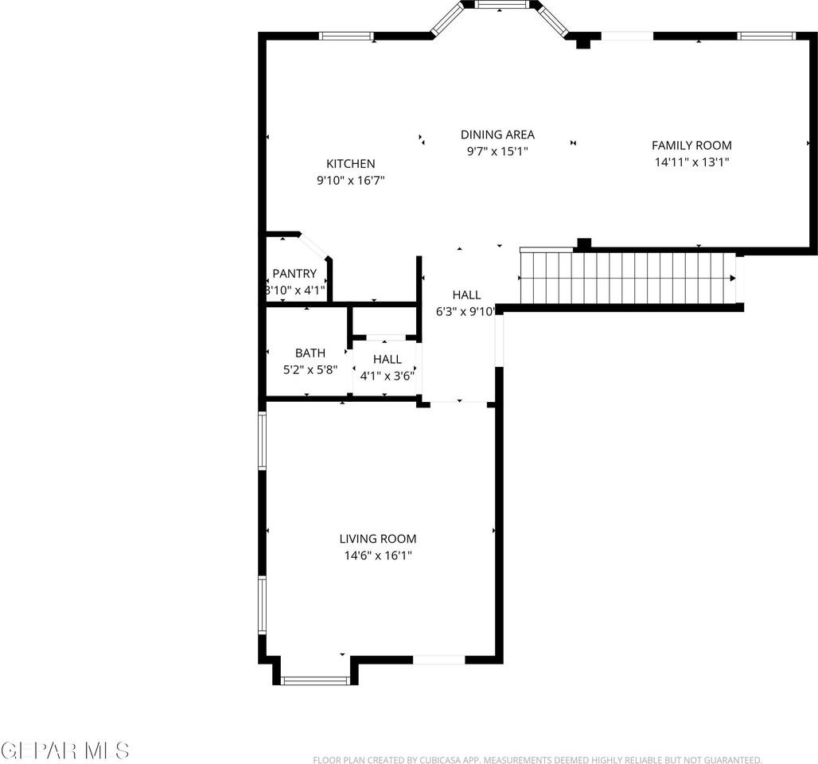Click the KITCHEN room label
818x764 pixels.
tap(350, 164)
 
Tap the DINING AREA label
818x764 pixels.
tap(497, 134)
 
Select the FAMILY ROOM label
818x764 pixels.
tap(691, 145)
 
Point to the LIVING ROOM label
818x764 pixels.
tap(378, 539)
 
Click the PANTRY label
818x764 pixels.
tap(294, 274)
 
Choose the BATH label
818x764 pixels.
tap(310, 353)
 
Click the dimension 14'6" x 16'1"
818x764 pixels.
tap(378, 555)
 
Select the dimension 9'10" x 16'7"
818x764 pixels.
tap(351, 181)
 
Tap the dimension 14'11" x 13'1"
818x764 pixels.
tap(691, 162)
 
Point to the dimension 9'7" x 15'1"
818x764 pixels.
tap(497, 150)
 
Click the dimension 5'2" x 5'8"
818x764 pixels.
tap(310, 369)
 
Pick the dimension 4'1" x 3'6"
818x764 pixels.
tap(388, 376)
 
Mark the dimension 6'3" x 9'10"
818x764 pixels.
tap(466, 312)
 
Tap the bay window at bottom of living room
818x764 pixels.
tap(316, 680)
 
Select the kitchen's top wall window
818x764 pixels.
tap(346, 36)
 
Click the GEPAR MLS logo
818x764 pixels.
tap(65, 750)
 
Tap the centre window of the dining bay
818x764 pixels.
tap(502, 5)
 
